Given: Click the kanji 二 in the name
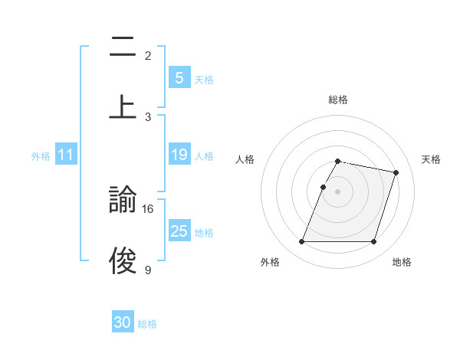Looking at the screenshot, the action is pyautogui.click(x=123, y=47).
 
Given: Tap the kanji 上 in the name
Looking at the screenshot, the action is pyautogui.click(x=123, y=107).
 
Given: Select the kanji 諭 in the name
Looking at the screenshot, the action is pyautogui.click(x=123, y=201).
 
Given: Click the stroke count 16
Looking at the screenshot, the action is pyautogui.click(x=149, y=208).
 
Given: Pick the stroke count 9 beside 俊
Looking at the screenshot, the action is pyautogui.click(x=148, y=270).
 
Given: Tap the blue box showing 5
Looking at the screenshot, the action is pyautogui.click(x=179, y=78).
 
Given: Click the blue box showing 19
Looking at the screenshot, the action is pyautogui.click(x=179, y=155).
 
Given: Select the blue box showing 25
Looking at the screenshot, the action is pyautogui.click(x=179, y=232).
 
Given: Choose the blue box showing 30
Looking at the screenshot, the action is pyautogui.click(x=123, y=323).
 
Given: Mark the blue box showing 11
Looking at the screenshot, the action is pyautogui.click(x=66, y=155).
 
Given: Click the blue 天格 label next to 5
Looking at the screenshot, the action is pyautogui.click(x=204, y=79).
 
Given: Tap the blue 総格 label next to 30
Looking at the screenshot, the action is pyautogui.click(x=147, y=324).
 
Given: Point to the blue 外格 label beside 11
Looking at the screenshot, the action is pyautogui.click(x=41, y=156).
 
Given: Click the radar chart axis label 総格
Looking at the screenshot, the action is pyautogui.click(x=338, y=100).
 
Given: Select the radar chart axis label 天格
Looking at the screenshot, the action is pyautogui.click(x=432, y=159).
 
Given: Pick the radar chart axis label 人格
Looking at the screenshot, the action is pyautogui.click(x=245, y=159).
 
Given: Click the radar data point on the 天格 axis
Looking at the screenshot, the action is pyautogui.click(x=396, y=173).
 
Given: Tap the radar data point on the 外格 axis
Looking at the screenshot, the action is pyautogui.click(x=302, y=242).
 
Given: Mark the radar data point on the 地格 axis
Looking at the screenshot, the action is pyautogui.click(x=373, y=242).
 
